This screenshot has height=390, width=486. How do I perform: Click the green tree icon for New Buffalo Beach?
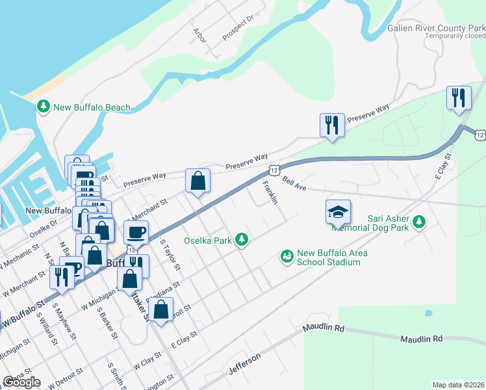point(44,107)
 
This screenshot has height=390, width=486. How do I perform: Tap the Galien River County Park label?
point(436,28)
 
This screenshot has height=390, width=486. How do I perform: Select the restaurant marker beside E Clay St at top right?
point(459,98)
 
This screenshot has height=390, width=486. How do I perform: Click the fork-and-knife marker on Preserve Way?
point(332,125)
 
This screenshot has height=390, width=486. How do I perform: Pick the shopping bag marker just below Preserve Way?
point(198,181)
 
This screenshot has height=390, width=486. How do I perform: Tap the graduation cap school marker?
point(338,211)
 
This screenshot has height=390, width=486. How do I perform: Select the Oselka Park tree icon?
point(242,240)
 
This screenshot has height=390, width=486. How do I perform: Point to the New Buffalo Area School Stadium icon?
point(287,257)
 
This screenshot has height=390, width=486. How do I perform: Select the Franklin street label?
point(270,192)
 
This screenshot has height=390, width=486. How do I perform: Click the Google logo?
point(21,382)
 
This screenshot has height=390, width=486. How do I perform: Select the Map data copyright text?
point(459,385)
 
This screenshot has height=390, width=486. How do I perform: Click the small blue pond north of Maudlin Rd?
point(428,313)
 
